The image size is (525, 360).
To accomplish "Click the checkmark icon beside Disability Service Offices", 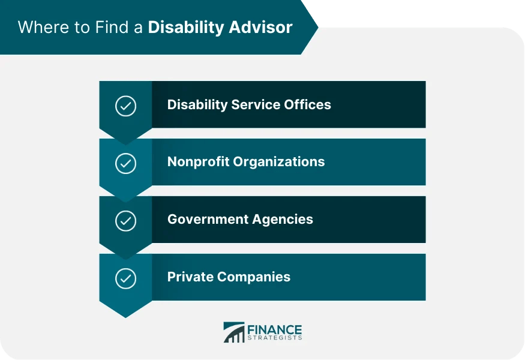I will (125, 106).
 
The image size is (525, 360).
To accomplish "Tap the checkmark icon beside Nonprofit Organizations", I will (125, 163).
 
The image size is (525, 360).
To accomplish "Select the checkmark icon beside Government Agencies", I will (125, 221).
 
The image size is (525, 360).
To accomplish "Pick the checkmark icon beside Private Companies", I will (125, 278).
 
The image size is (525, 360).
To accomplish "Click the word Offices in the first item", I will (308, 104).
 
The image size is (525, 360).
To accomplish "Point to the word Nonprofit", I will (196, 162).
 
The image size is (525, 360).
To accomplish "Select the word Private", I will (188, 277).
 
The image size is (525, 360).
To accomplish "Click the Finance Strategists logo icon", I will (233, 332).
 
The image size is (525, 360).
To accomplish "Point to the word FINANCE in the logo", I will (274, 329).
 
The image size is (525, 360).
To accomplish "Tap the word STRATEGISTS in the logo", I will (274, 338).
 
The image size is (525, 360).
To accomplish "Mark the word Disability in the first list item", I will (196, 104).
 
